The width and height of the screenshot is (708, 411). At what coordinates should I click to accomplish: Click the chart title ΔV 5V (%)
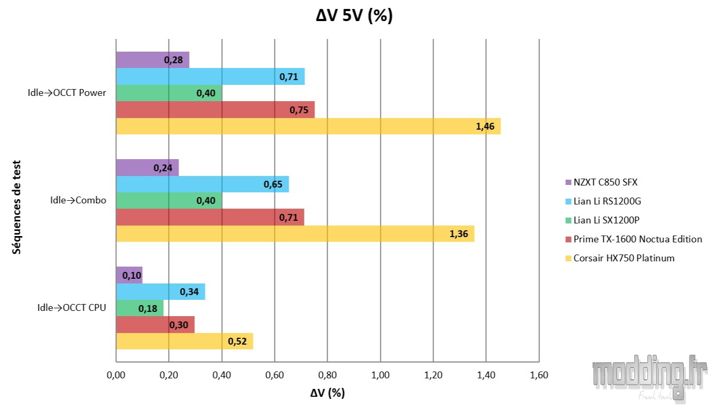(354, 16)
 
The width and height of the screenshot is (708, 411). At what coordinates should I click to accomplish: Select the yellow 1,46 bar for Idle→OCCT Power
(308, 126)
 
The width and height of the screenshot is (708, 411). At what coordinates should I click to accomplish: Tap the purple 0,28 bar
(152, 60)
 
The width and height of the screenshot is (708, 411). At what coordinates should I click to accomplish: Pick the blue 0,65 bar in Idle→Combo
(202, 184)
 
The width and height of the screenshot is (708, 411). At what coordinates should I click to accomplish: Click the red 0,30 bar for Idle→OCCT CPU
(155, 325)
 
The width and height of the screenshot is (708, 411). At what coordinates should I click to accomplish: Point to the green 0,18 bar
(139, 308)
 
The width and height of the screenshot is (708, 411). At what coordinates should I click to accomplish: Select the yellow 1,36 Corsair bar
(294, 234)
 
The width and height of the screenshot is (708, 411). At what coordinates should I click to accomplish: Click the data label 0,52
(237, 341)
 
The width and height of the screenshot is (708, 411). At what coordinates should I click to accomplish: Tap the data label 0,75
(299, 110)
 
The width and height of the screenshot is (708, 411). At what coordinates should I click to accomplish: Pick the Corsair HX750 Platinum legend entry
(624, 258)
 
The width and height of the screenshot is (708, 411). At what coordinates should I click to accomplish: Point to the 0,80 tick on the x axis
(327, 376)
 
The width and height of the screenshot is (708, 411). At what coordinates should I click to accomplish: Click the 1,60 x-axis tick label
(538, 376)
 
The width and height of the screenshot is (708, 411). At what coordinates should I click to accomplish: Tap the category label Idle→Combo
(78, 200)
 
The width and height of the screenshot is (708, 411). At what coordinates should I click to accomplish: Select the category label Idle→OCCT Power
(67, 93)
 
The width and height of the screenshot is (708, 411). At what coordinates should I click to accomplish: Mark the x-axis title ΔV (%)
(327, 394)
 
